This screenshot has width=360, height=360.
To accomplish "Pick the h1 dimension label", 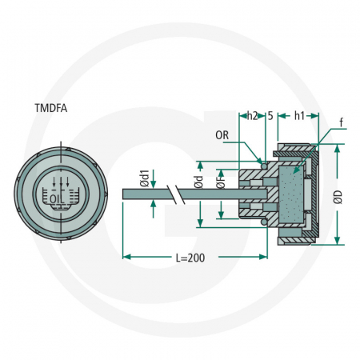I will point(299,114).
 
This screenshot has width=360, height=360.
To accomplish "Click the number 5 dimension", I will point(270,114).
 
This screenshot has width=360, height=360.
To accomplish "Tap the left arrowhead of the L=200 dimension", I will point(126,256).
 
